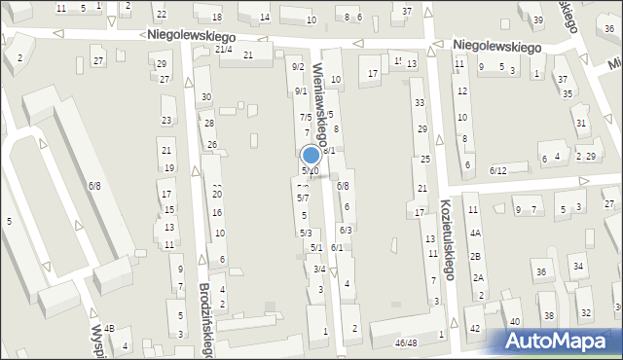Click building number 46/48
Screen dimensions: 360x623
coord(405,342)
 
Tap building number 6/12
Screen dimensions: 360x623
coord(498,170)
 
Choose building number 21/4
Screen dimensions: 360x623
coord(224,49)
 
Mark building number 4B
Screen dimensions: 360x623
coord(110,328)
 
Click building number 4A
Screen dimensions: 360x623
coord(475,234)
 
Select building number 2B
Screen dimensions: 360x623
coord(476,256)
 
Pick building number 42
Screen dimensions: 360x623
coord(475,328)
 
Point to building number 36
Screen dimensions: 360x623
coord(541,272)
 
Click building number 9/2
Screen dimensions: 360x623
coord(298,66)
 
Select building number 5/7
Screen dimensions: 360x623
coord(303,198)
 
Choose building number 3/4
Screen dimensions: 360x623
coord(318,269)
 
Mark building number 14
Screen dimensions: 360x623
coord(265,18)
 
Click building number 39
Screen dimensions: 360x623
coord(537,19)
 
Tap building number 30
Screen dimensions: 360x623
coord(205,97)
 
